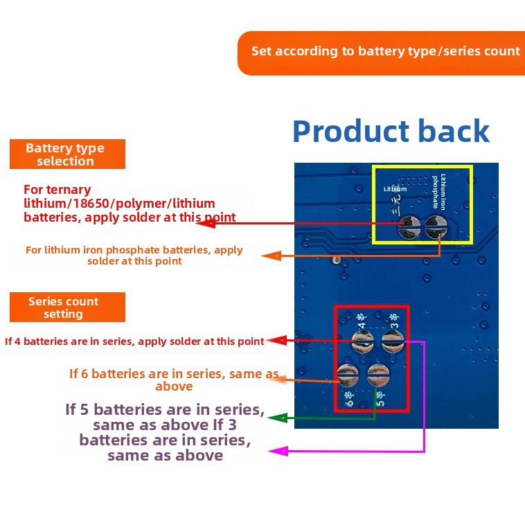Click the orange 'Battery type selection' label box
[x=67, y=154]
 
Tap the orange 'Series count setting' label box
[x=67, y=307]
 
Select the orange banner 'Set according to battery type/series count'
[x=381, y=53]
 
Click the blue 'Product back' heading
[x=391, y=131]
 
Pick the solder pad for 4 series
[x=362, y=341]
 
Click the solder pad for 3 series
[x=393, y=341]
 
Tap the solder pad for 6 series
[x=348, y=375]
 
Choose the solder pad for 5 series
[x=378, y=375]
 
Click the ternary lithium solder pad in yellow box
[x=409, y=227]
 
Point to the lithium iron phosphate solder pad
[x=436, y=227]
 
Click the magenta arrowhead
[x=278, y=451]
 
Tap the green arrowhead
[x=278, y=418]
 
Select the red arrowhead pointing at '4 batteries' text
[x=278, y=341]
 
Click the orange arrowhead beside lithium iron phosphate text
[x=272, y=256]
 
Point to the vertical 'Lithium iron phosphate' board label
[x=439, y=192]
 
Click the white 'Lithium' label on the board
[x=395, y=189]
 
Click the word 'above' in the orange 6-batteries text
[x=174, y=386]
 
